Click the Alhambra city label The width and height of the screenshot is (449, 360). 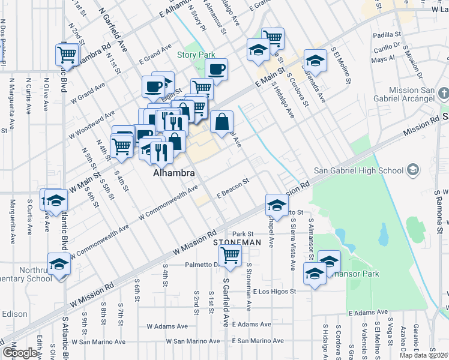[x=173, y=172]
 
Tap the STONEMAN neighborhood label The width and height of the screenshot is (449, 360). [x=237, y=242]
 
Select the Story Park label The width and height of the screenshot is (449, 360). [x=196, y=55]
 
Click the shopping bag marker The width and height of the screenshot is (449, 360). [x=221, y=122]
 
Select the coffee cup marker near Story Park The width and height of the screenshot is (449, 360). [x=216, y=69]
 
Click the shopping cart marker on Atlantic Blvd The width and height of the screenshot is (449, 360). [x=67, y=55]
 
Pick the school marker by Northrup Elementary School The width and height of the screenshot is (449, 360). [x=59, y=265]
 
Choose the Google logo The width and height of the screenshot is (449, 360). [x=19, y=353]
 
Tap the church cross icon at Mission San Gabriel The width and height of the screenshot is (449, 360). [x=443, y=94]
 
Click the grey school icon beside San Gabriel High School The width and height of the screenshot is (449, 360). [x=412, y=170]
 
